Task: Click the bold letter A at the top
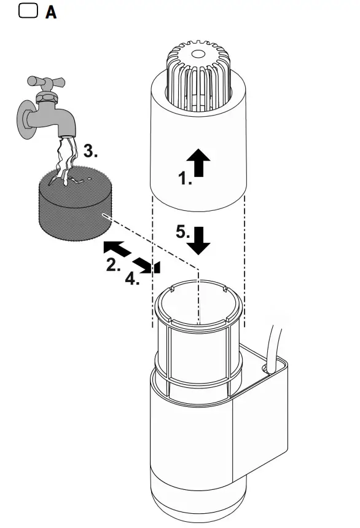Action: click(x=51, y=12)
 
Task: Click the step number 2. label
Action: click(x=114, y=266)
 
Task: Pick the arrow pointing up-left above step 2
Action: click(x=115, y=249)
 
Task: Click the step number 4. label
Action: click(x=133, y=279)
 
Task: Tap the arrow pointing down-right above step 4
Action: click(x=146, y=264)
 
